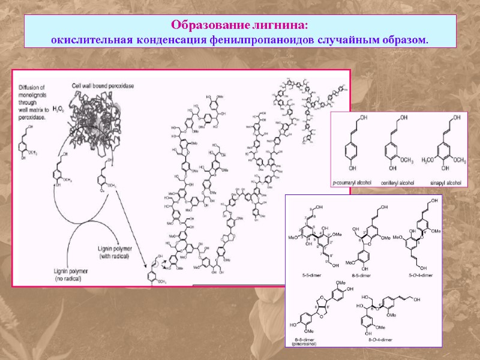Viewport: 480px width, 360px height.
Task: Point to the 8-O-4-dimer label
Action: pyautogui.click(x=379, y=340)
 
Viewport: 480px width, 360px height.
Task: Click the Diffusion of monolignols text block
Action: pyautogui.click(x=37, y=100)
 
